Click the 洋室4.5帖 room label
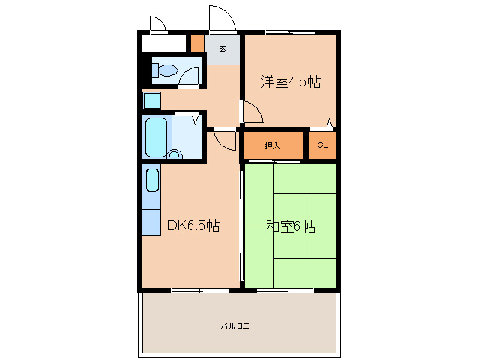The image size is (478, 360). click(290, 81)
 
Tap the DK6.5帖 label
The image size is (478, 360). click(193, 225)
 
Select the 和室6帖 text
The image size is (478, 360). click(290, 226)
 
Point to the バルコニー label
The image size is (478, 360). click(240, 325)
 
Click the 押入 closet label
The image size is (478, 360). click(273, 145)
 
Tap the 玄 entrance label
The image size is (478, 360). click(223, 49)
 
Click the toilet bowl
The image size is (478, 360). click(164, 72)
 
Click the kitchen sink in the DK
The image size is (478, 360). click(151, 180)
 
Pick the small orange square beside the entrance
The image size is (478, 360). click(196, 43)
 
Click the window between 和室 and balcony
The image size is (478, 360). click(284, 289)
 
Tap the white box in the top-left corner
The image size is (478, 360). click(163, 43)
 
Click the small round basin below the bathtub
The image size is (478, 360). click(175, 155)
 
